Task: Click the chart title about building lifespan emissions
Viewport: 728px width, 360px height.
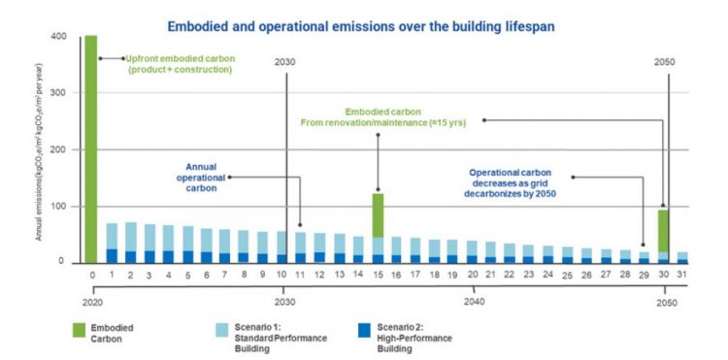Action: click(x=361, y=26)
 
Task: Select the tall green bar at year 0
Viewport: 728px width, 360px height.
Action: click(x=90, y=150)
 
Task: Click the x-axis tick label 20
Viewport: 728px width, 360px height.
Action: click(x=473, y=276)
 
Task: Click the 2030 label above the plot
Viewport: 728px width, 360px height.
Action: click(x=286, y=61)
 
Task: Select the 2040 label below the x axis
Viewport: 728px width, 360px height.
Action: click(x=474, y=302)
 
